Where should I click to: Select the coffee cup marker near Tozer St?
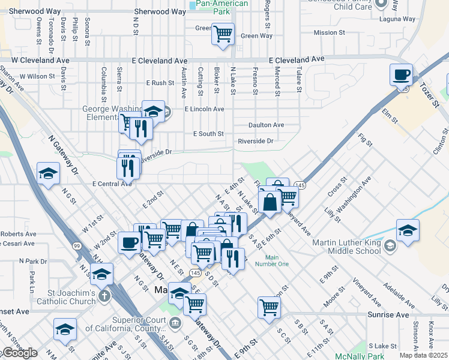(401, 76)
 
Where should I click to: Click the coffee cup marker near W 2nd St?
(130, 243)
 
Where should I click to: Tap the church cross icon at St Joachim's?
(104, 296)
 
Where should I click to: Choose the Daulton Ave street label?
(267, 125)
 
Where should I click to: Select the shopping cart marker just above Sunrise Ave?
(269, 307)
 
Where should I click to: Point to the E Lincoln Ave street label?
(204, 109)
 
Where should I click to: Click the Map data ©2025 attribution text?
(424, 355)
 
